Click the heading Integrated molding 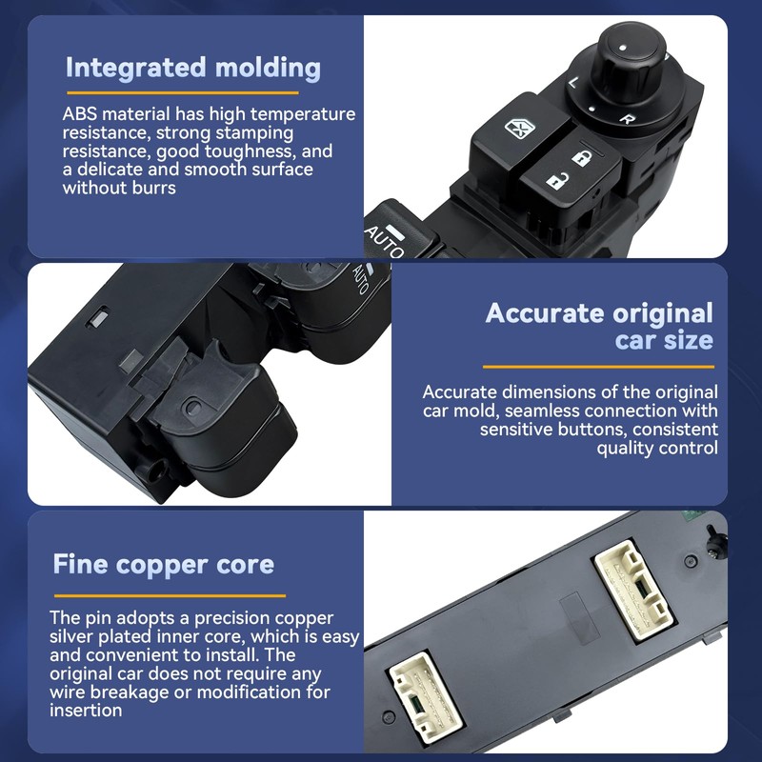point(192,68)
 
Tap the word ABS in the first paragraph point(80,114)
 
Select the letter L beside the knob point(573,83)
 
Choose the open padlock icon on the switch point(555,180)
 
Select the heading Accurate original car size point(599,326)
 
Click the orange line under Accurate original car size point(598,366)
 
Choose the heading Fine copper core point(163,564)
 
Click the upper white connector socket point(635,592)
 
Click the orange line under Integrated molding point(181,92)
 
